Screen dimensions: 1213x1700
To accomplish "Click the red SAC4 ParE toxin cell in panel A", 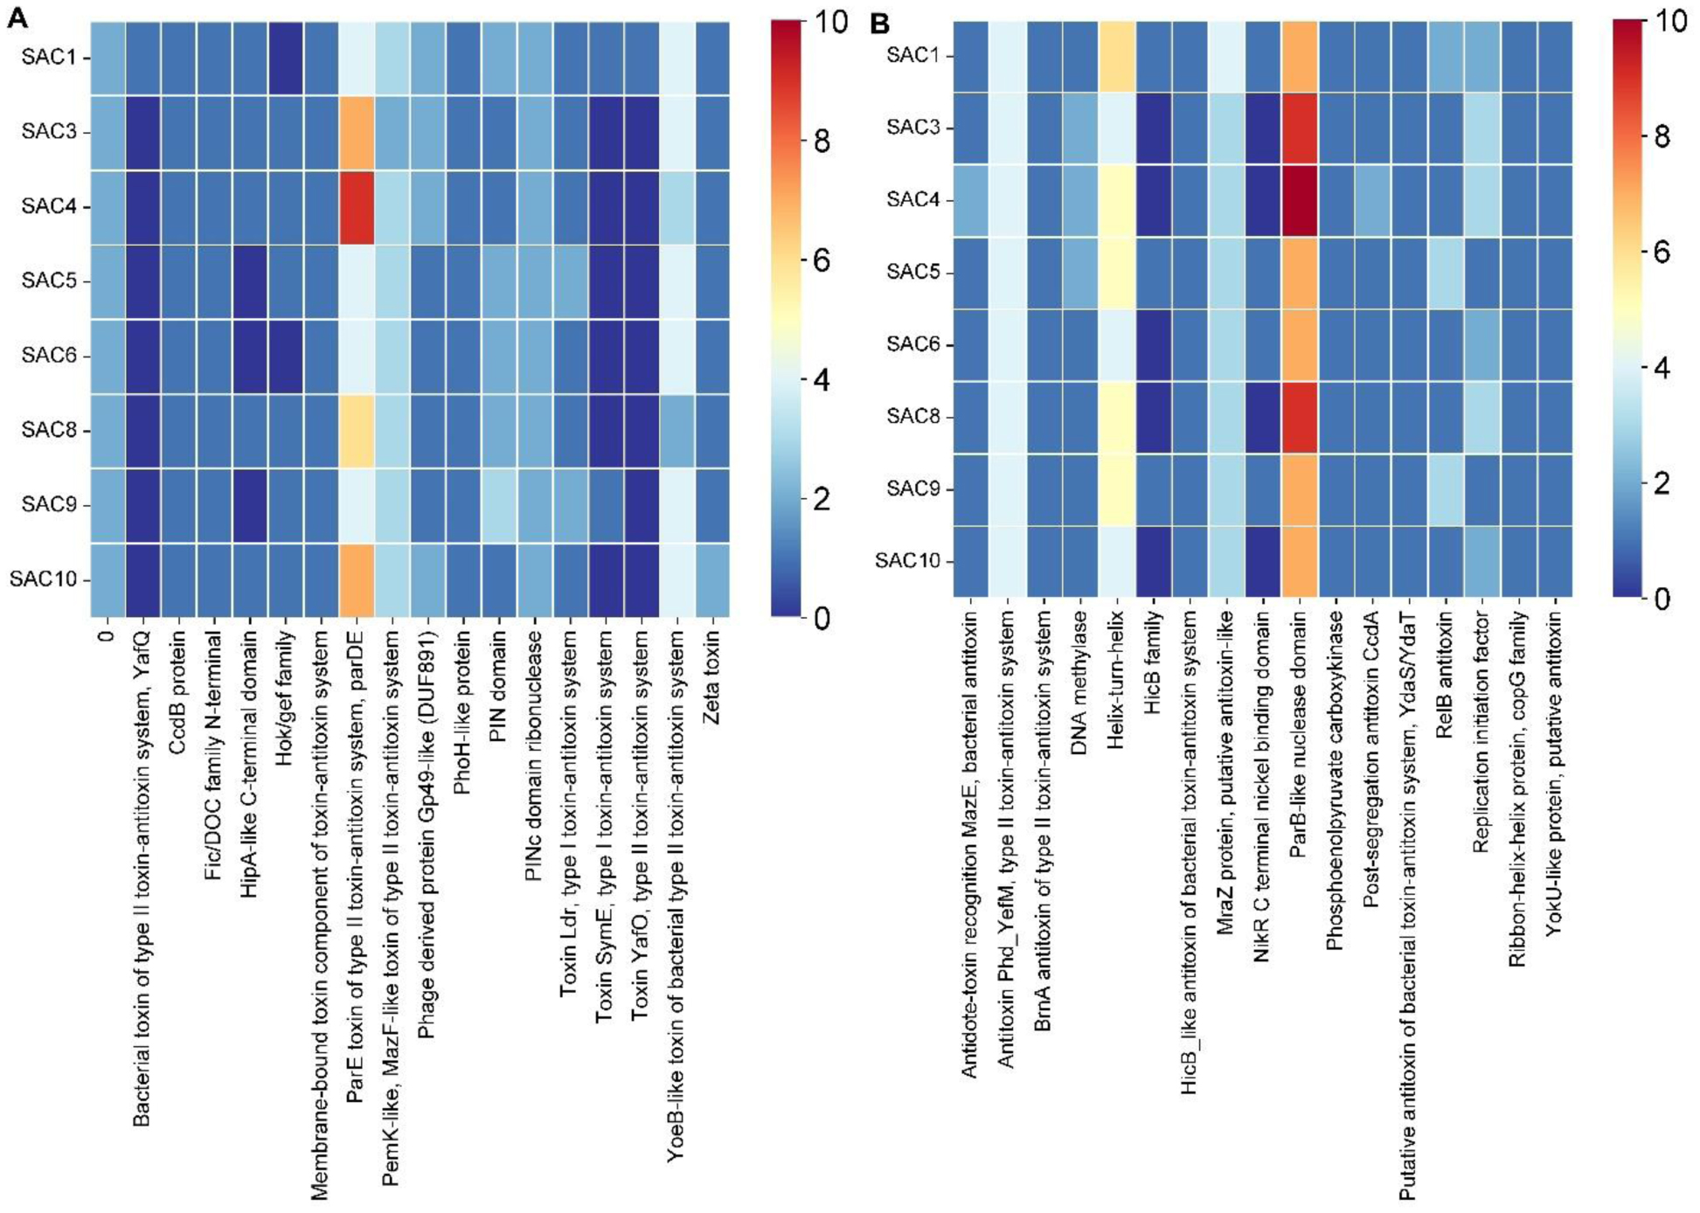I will [356, 207].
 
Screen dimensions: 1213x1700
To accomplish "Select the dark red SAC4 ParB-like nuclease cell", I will [1300, 200].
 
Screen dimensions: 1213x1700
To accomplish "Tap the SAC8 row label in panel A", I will [49, 430].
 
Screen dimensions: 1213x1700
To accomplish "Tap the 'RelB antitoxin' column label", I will [1445, 686].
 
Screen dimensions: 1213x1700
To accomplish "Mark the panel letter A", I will [17, 17].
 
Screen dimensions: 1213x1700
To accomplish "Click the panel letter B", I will [879, 23].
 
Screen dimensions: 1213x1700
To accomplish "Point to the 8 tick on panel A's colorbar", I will [822, 141].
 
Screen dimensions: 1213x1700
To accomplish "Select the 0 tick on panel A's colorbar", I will [822, 618].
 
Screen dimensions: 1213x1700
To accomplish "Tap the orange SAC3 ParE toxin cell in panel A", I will [356, 133].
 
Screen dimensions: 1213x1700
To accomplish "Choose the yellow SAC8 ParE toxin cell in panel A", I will [356, 430].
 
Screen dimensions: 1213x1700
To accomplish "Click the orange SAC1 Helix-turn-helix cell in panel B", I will [1116, 56].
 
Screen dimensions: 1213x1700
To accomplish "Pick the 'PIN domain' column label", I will [498, 690].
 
